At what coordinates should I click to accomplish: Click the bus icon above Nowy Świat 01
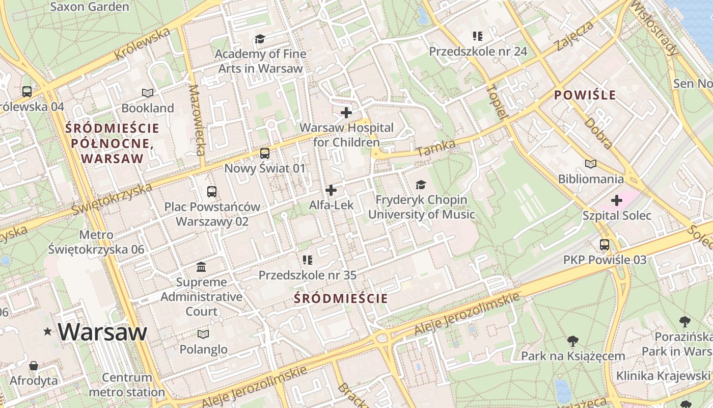pyautogui.click(x=264, y=153)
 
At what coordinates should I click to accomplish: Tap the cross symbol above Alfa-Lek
pyautogui.click(x=331, y=190)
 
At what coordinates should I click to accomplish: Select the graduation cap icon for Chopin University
pyautogui.click(x=421, y=185)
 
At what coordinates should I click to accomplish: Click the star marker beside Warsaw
pyautogui.click(x=48, y=332)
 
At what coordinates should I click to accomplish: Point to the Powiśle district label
pyautogui.click(x=585, y=95)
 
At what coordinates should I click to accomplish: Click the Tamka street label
pyautogui.click(x=435, y=148)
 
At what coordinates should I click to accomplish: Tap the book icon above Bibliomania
pyautogui.click(x=590, y=164)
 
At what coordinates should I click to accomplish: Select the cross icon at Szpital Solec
pyautogui.click(x=617, y=200)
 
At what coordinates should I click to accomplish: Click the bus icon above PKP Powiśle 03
pyautogui.click(x=605, y=245)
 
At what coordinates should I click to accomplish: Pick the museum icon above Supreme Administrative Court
pyautogui.click(x=201, y=267)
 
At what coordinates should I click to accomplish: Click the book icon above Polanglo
pyautogui.click(x=203, y=334)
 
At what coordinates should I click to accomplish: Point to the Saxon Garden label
pyautogui.click(x=90, y=7)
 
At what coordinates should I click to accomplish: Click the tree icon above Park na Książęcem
pyautogui.click(x=573, y=341)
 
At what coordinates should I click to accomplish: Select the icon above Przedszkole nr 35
pyautogui.click(x=307, y=260)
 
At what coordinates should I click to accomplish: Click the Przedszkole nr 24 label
pyautogui.click(x=478, y=51)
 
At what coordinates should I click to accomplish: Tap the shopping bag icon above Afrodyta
pyautogui.click(x=34, y=366)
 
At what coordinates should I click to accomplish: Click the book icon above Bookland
pyautogui.click(x=148, y=93)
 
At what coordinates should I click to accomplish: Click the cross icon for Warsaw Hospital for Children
pyautogui.click(x=346, y=112)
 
